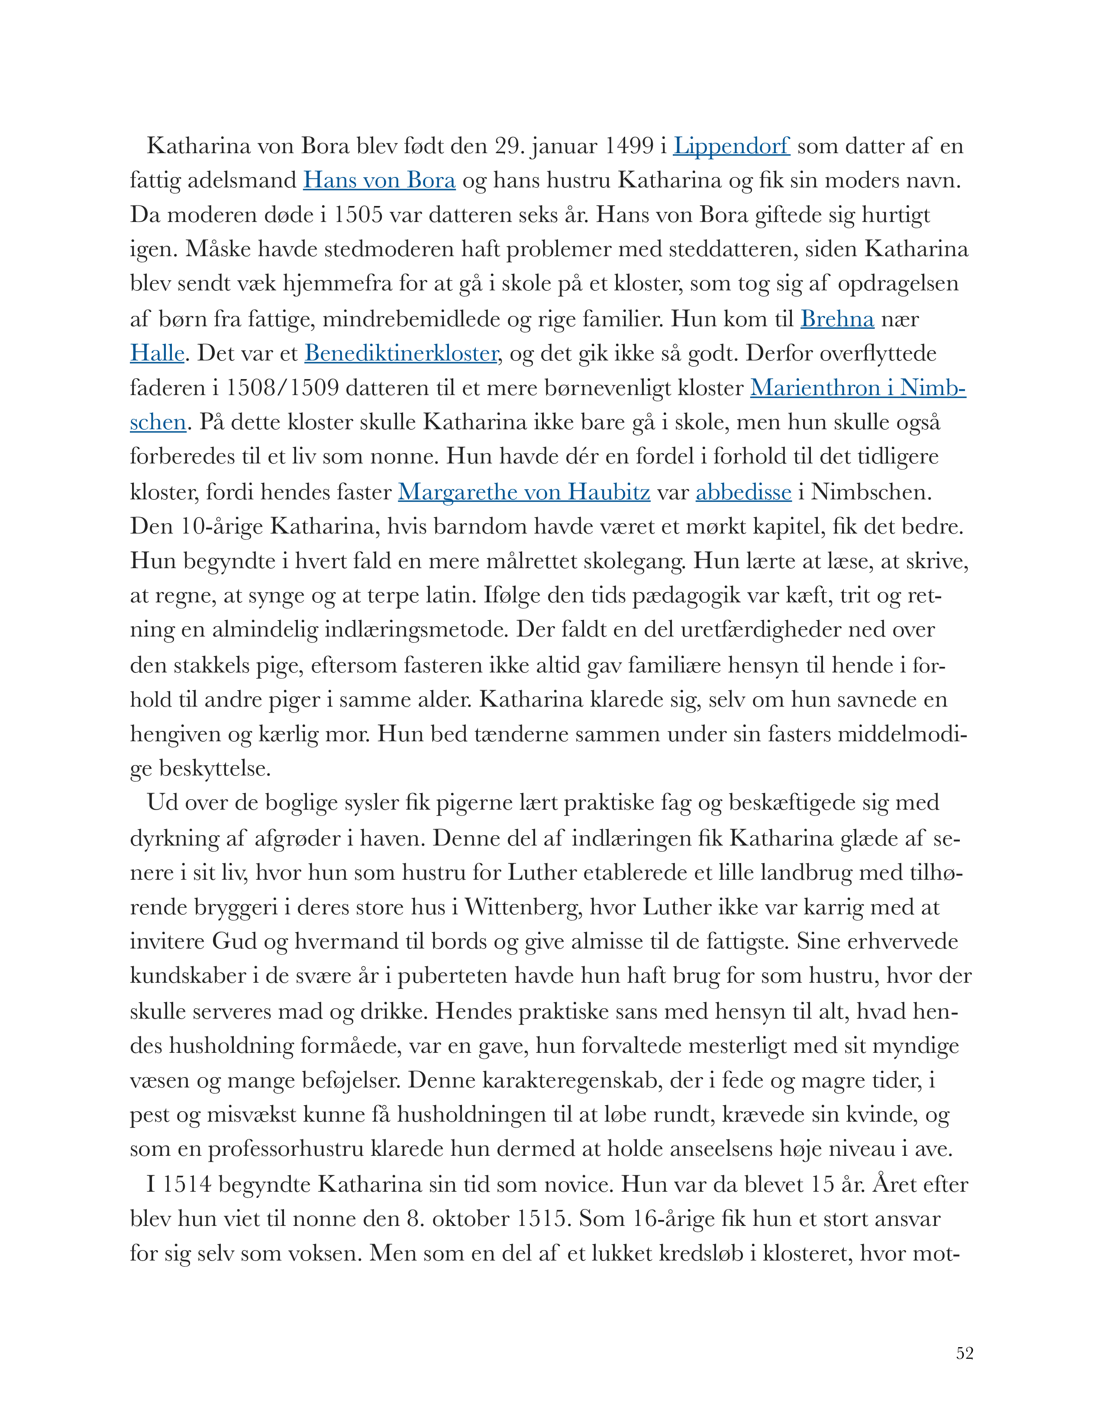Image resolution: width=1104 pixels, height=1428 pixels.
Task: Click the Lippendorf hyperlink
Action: pyautogui.click(x=731, y=146)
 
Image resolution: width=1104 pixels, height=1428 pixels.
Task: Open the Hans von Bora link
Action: pyautogui.click(x=379, y=180)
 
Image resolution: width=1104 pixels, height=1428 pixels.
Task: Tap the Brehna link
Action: pyautogui.click(x=837, y=319)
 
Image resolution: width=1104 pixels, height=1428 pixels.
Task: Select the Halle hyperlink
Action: pyautogui.click(x=157, y=354)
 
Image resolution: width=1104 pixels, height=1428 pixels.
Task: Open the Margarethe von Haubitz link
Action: pyautogui.click(x=524, y=492)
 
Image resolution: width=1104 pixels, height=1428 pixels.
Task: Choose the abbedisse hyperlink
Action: pyautogui.click(x=743, y=492)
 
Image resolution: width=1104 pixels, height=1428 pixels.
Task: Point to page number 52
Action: pyautogui.click(x=964, y=1353)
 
